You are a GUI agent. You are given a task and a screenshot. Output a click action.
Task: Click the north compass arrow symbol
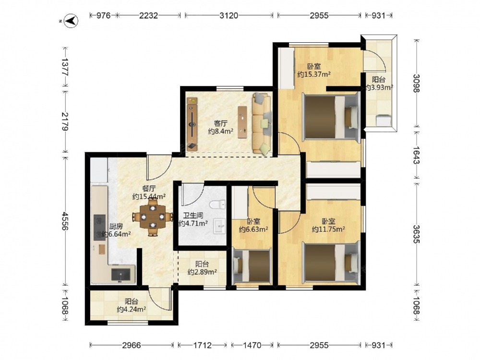coord(72,21)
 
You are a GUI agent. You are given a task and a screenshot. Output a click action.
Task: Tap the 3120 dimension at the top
coord(228,15)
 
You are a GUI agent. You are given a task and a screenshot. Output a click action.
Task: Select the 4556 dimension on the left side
coord(65,221)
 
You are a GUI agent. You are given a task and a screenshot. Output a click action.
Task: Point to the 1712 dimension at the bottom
coord(203,345)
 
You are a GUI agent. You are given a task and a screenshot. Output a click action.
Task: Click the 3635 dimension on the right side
coord(416,234)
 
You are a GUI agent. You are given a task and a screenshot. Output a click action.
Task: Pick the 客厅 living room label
coord(220,123)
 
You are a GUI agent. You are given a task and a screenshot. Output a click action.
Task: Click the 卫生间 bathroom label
coord(193,216)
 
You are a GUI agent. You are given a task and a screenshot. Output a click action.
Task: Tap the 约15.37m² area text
coord(314,74)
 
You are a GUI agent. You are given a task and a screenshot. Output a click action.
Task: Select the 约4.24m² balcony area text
coord(132,310)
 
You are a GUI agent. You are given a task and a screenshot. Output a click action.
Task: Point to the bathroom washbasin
coord(219,227)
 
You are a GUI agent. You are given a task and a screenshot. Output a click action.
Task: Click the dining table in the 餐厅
coord(153,217)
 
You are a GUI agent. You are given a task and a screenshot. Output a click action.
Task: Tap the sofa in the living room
coord(262,123)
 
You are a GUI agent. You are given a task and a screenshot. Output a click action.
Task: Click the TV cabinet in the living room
coord(192,124)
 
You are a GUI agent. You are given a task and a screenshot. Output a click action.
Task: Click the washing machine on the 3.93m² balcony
coord(384,120)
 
